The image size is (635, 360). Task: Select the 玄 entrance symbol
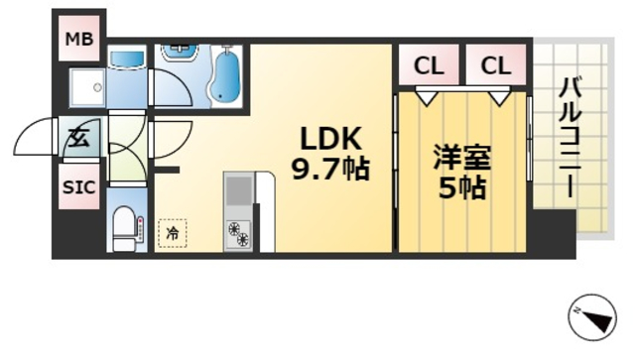[78, 139]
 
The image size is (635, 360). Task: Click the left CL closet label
[429, 66]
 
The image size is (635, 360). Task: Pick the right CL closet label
[495, 66]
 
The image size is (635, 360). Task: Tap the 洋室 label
[462, 158]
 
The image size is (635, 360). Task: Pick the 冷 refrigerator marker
[172, 233]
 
